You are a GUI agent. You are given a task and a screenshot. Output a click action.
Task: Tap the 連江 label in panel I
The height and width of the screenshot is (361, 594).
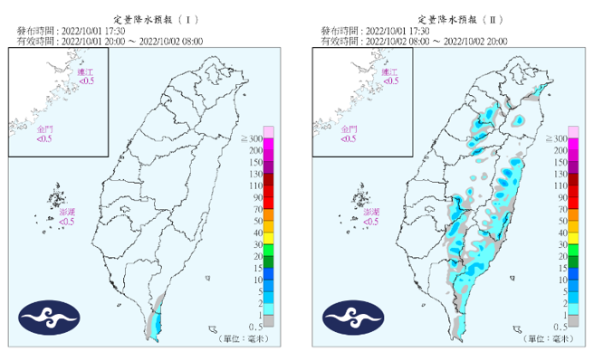pos(86,73)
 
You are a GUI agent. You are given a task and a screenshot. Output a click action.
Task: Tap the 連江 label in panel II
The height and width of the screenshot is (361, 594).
pos(390,73)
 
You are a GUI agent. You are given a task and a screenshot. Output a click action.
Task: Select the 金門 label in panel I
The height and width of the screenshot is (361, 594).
pos(44,132)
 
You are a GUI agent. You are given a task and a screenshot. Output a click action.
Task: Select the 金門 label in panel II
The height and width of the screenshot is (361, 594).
pos(349,132)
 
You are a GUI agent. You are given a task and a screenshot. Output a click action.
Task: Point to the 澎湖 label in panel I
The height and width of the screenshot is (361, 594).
pos(67,214)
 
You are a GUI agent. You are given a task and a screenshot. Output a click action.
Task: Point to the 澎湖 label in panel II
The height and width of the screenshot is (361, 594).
pos(371,214)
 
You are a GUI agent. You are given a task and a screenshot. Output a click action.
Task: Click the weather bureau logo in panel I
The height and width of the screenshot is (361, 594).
pos(50,318)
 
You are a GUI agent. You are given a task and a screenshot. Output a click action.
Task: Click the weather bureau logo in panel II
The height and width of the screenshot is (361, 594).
pos(354,318)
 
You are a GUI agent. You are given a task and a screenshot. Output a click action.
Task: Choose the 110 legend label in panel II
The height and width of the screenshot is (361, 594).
pos(559,185)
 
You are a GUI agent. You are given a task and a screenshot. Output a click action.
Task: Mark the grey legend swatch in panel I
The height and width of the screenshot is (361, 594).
pos(268,320)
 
